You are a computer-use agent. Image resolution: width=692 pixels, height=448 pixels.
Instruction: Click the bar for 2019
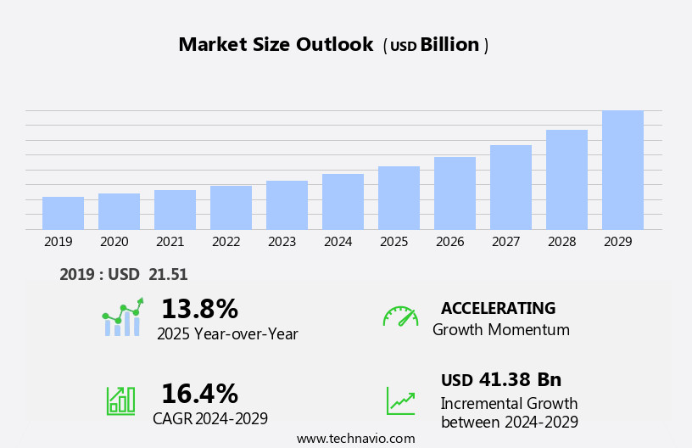click(63, 213)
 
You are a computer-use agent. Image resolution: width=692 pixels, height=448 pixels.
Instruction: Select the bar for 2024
click(343, 202)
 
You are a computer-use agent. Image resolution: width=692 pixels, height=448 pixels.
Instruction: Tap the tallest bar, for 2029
click(622, 170)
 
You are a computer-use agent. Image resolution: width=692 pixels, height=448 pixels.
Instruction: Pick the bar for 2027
click(511, 187)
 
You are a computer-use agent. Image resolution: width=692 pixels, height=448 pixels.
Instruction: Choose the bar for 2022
click(231, 208)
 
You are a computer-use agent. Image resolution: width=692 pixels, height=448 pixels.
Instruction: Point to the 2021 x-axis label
click(170, 242)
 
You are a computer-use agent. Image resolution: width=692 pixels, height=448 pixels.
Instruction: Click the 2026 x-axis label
click(449, 242)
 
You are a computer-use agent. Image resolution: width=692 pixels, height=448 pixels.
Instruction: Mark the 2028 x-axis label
click(561, 242)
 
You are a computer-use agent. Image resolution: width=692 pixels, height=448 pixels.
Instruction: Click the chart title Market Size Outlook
click(276, 45)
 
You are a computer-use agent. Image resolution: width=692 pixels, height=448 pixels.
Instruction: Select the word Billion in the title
click(449, 45)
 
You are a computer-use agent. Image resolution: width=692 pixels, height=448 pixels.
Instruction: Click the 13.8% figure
click(199, 309)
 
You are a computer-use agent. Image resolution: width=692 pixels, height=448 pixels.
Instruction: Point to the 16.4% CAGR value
click(199, 394)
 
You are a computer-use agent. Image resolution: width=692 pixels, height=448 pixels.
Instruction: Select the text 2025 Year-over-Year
click(227, 334)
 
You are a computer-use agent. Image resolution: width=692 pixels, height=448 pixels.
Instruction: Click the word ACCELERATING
click(498, 308)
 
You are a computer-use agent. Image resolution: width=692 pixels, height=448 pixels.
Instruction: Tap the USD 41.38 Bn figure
click(501, 379)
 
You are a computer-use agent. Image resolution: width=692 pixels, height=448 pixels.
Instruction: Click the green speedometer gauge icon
click(400, 316)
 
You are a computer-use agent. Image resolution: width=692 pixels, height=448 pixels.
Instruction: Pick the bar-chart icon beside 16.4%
click(120, 400)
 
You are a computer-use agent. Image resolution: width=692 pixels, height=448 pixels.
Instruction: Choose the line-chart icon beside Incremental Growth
click(400, 400)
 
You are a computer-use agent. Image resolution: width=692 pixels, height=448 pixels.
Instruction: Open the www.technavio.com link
click(355, 438)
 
